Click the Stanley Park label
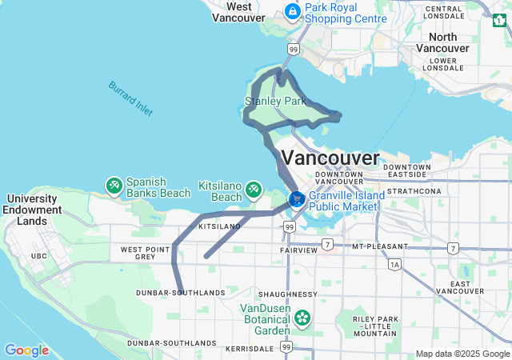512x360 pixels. click(x=275, y=102)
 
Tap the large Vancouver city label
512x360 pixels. click(x=330, y=157)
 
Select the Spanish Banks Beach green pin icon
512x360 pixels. click(x=114, y=186)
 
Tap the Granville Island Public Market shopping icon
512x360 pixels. click(x=296, y=198)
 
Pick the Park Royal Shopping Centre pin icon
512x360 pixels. click(x=292, y=11)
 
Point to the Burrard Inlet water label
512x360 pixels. click(x=130, y=98)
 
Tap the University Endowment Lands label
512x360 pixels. click(x=32, y=210)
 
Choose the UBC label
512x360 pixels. click(x=39, y=255)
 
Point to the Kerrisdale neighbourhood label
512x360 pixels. click(x=250, y=350)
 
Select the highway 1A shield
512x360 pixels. click(x=394, y=264)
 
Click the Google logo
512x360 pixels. click(x=26, y=350)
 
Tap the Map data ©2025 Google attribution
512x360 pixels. click(x=462, y=354)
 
